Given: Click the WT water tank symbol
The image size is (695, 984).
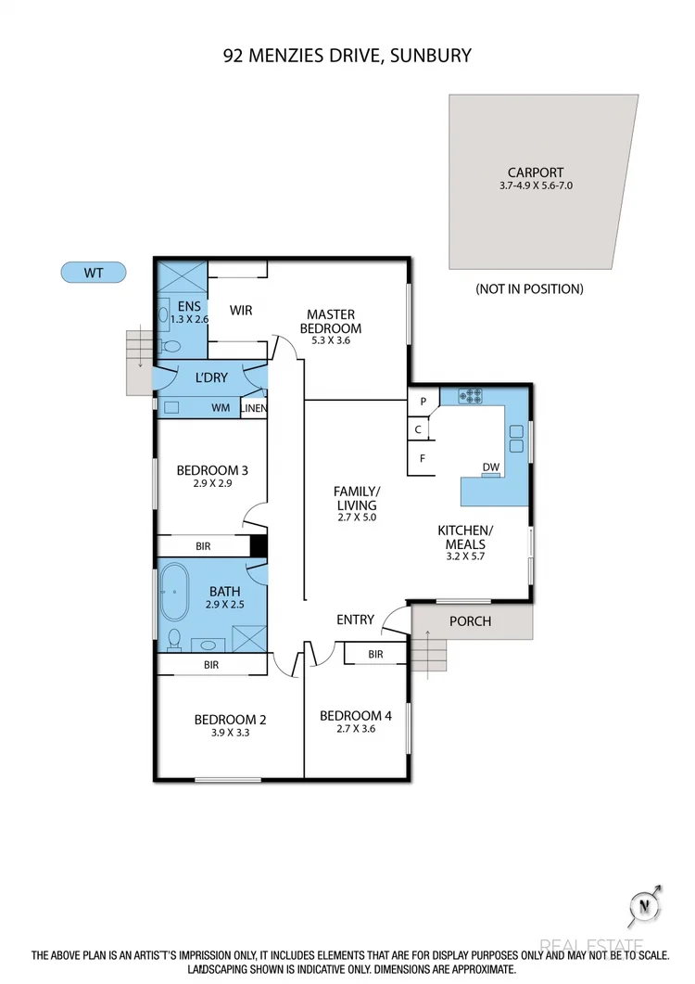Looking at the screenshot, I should coord(93,273).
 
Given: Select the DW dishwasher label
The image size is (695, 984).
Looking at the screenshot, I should coord(491,467).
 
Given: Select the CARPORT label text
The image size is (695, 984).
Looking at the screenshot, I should coord(535,173).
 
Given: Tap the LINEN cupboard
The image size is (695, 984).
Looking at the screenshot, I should coord(253,408).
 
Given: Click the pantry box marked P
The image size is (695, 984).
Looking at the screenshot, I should coord(423,402).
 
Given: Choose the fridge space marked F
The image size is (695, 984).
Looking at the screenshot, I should coord(423,458).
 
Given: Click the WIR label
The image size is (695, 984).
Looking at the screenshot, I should coord(241,310).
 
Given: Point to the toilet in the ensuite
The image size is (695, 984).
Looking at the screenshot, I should coord(170,346).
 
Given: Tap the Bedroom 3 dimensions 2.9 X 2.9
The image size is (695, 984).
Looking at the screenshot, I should coord(212,484).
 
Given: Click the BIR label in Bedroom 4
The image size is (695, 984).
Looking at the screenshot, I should coord(375,655).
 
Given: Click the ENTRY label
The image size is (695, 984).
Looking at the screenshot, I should coord(355,620).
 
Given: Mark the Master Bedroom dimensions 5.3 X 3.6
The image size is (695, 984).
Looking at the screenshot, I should coord(332,341).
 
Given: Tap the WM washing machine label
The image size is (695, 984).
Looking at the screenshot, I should coord(221,407).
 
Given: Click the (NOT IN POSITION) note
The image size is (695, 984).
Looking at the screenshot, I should coord(529,288).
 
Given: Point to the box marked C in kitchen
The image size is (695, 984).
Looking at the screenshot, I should coord(419,429).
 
